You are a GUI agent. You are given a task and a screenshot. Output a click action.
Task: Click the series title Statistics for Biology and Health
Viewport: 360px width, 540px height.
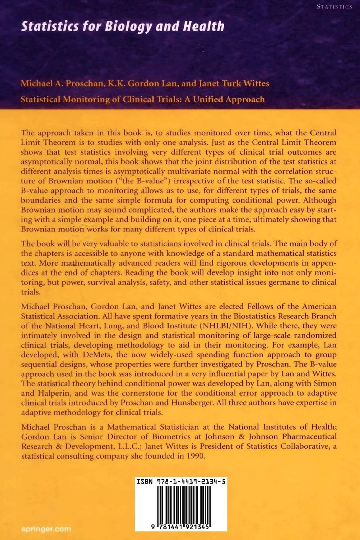(x=123, y=27)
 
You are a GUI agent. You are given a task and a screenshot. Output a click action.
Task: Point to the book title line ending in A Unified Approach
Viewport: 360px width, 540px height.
(x=142, y=98)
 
